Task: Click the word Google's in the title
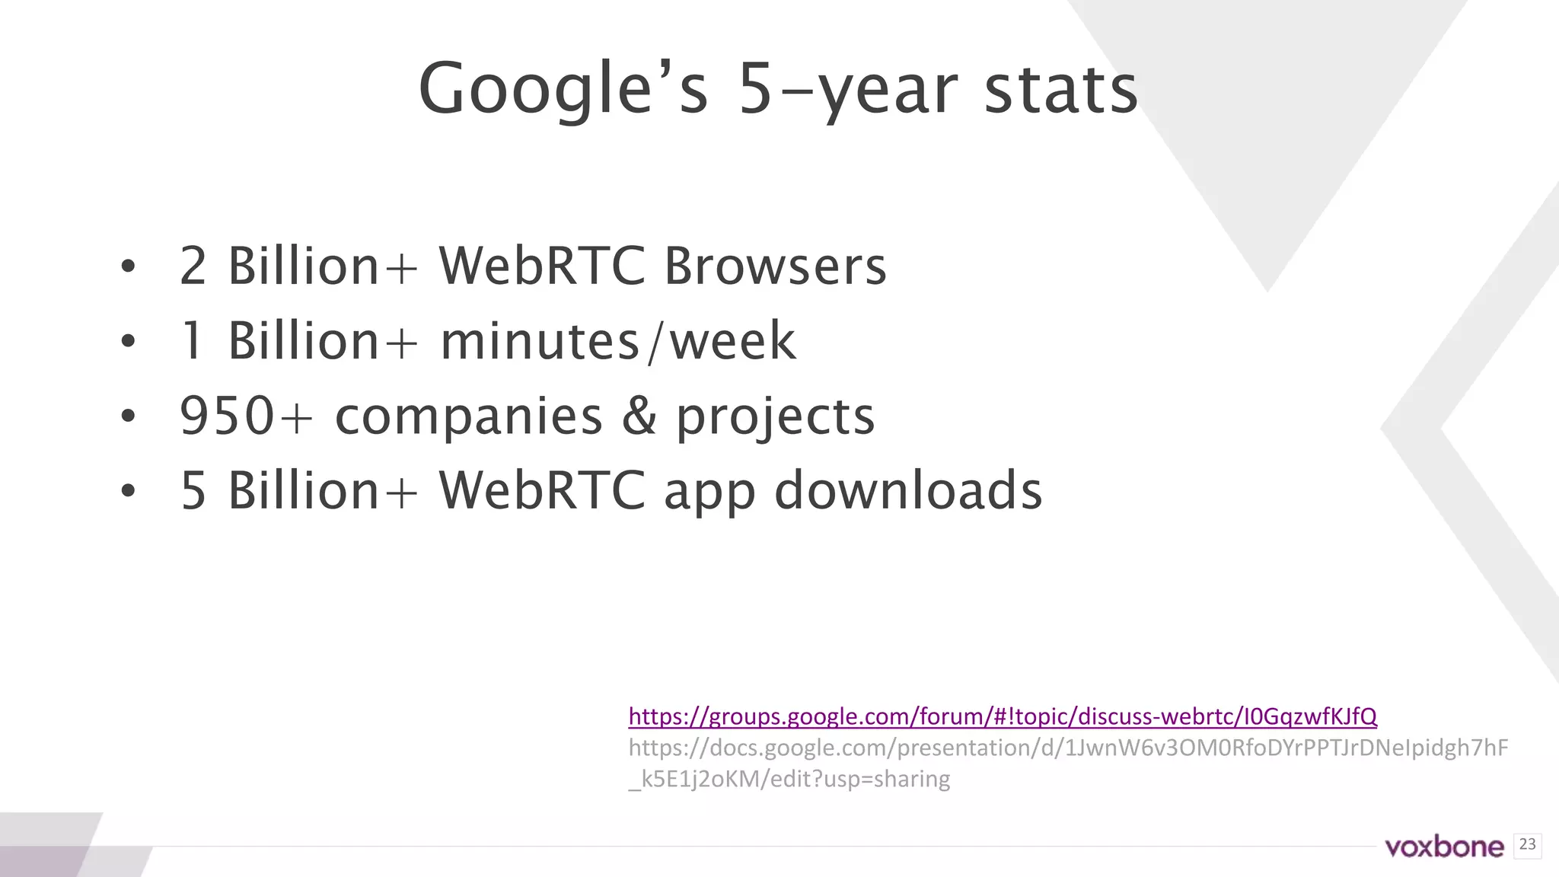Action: coord(563,90)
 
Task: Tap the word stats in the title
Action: coord(1060,90)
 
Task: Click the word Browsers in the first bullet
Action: coord(775,266)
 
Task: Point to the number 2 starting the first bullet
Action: coord(193,266)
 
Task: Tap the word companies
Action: coord(469,416)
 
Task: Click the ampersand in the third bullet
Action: coord(639,416)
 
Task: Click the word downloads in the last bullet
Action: coord(907,490)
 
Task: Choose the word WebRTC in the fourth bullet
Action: coord(542,490)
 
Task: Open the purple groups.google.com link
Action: coord(1003,716)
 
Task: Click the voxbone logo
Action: coord(1444,847)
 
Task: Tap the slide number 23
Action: coord(1527,844)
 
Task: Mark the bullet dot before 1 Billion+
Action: coord(128,341)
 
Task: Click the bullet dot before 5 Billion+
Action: coord(128,490)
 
